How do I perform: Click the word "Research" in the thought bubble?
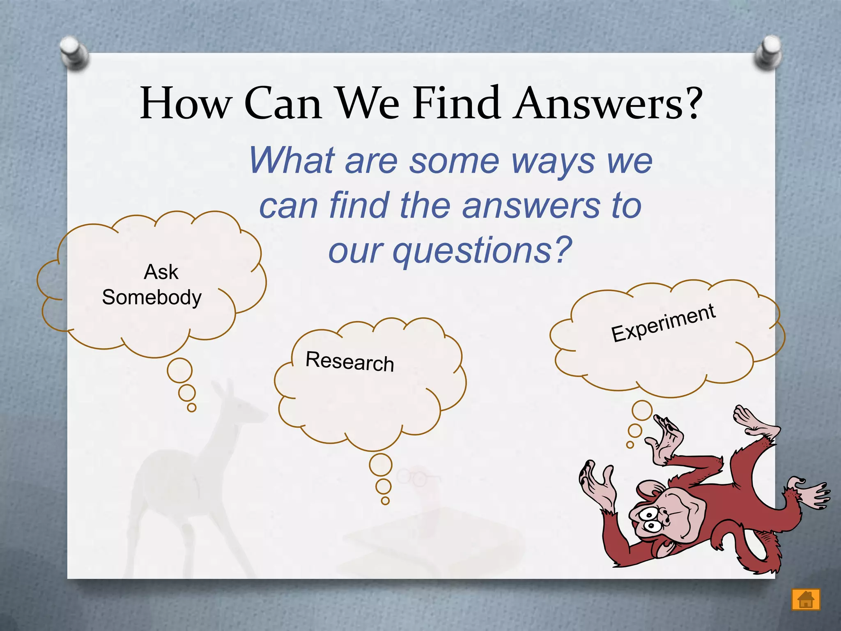[350, 362]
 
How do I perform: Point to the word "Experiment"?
[663, 323]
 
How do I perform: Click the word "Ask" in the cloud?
[161, 272]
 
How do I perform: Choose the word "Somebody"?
[152, 297]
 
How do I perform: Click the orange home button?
[806, 599]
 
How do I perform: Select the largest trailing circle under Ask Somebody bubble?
[179, 370]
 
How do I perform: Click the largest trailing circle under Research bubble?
[381, 465]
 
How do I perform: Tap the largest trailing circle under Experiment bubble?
[642, 410]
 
